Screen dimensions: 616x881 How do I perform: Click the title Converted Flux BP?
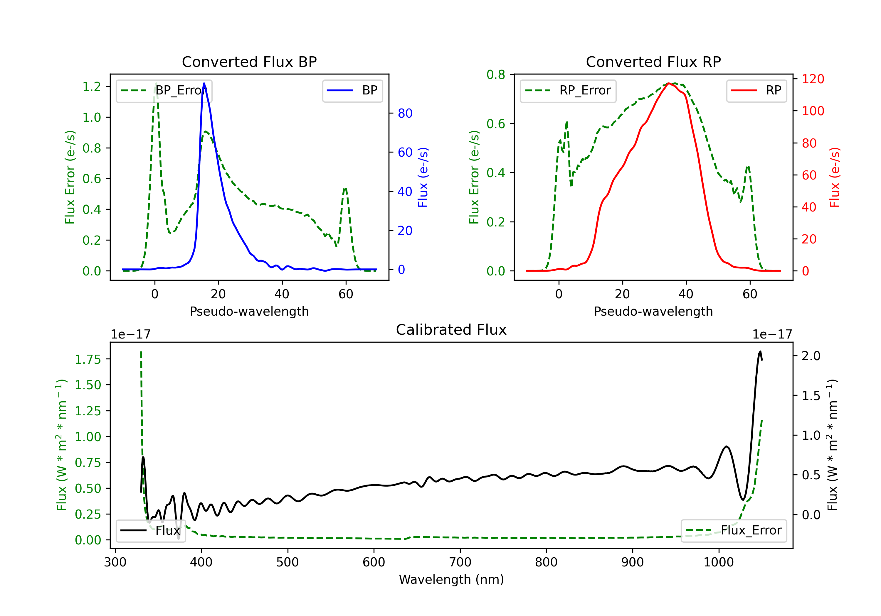[x=249, y=62]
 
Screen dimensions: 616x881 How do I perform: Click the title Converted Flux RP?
[x=653, y=62]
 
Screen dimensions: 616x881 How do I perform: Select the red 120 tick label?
[x=813, y=79]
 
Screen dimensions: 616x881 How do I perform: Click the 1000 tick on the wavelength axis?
[x=718, y=562]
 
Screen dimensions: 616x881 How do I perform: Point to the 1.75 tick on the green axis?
[x=88, y=360]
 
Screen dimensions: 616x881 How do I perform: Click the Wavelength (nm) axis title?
[x=451, y=580]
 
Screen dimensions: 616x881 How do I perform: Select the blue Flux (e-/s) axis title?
[x=423, y=177]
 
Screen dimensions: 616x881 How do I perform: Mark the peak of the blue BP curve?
[x=204, y=83]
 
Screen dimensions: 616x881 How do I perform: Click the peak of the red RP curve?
[x=668, y=83]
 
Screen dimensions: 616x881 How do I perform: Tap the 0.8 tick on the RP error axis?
[x=496, y=75]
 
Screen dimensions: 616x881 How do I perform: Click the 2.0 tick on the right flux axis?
[x=811, y=356]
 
